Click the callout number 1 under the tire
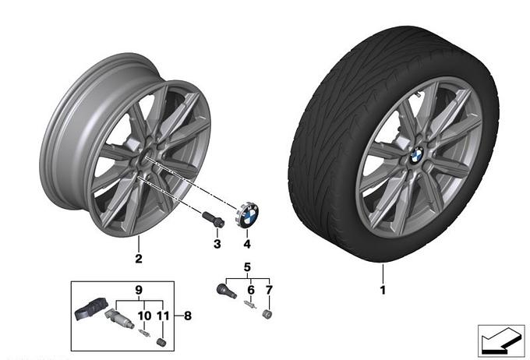[x=383, y=290]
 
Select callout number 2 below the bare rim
[x=138, y=259]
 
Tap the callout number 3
[x=217, y=245]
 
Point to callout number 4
[x=247, y=245]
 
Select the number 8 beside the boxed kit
[x=186, y=316]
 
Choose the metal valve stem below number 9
[x=119, y=320]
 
